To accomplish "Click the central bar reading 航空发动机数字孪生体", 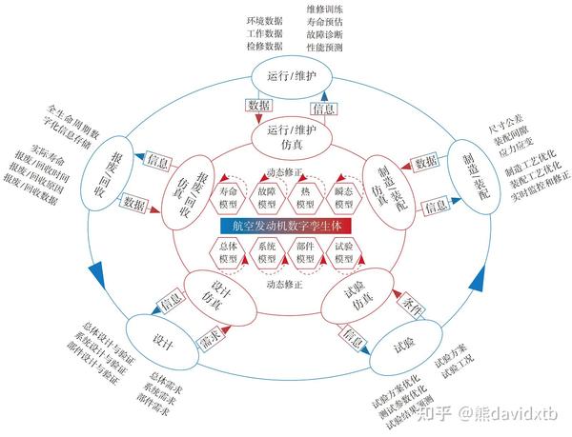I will pos(286,227).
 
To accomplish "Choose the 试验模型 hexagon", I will pos(343,254).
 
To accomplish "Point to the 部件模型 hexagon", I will pos(306,254).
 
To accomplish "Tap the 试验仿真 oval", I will pos(358,301).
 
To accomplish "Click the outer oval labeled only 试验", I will pos(404,345).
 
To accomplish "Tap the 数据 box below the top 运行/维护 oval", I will pos(258,105).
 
